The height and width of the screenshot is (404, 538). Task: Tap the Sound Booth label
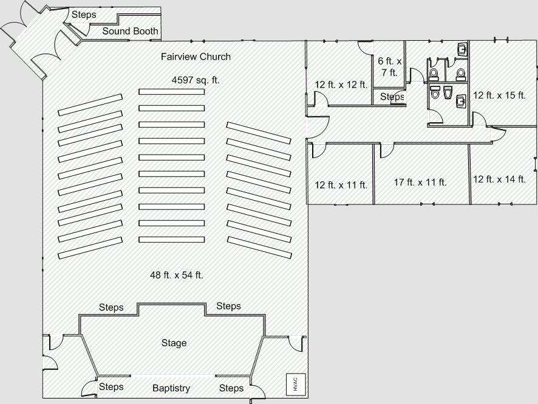point(130,31)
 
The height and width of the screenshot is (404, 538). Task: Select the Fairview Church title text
point(196,57)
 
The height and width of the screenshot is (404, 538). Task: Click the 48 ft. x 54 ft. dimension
point(177,275)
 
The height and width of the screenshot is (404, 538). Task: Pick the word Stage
point(174,343)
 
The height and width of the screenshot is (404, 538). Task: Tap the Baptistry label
point(171,388)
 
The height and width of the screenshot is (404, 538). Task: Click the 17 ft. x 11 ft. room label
point(420,182)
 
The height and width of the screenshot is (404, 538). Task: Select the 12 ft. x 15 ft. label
point(499,96)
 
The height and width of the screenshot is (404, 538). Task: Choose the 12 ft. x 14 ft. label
point(499,179)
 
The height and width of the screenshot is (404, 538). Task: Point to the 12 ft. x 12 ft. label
point(341,85)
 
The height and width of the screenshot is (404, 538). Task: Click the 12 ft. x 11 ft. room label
point(341,185)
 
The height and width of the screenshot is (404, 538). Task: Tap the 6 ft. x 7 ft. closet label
point(389,66)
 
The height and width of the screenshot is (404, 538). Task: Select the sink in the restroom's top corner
point(463,49)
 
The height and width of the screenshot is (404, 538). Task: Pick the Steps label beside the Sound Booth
point(84,15)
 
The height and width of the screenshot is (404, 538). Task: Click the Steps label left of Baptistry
point(111,387)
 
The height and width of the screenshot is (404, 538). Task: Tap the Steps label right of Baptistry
point(231,388)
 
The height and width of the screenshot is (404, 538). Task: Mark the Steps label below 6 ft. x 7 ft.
point(392,97)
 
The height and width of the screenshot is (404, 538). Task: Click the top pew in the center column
point(171,92)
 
